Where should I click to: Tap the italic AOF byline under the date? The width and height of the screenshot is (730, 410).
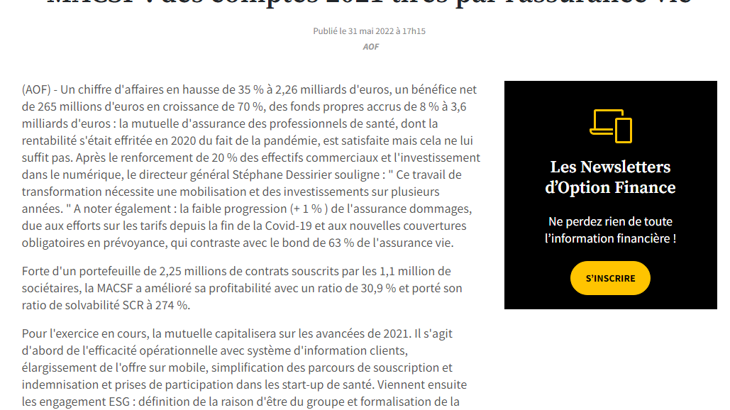[371, 47]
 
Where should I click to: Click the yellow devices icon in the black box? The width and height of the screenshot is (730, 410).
[610, 126]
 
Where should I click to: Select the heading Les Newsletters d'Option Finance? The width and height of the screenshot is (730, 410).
[610, 177]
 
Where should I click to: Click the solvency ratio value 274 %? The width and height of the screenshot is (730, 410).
[171, 306]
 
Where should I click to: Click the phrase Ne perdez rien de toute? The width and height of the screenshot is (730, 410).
[610, 221]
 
